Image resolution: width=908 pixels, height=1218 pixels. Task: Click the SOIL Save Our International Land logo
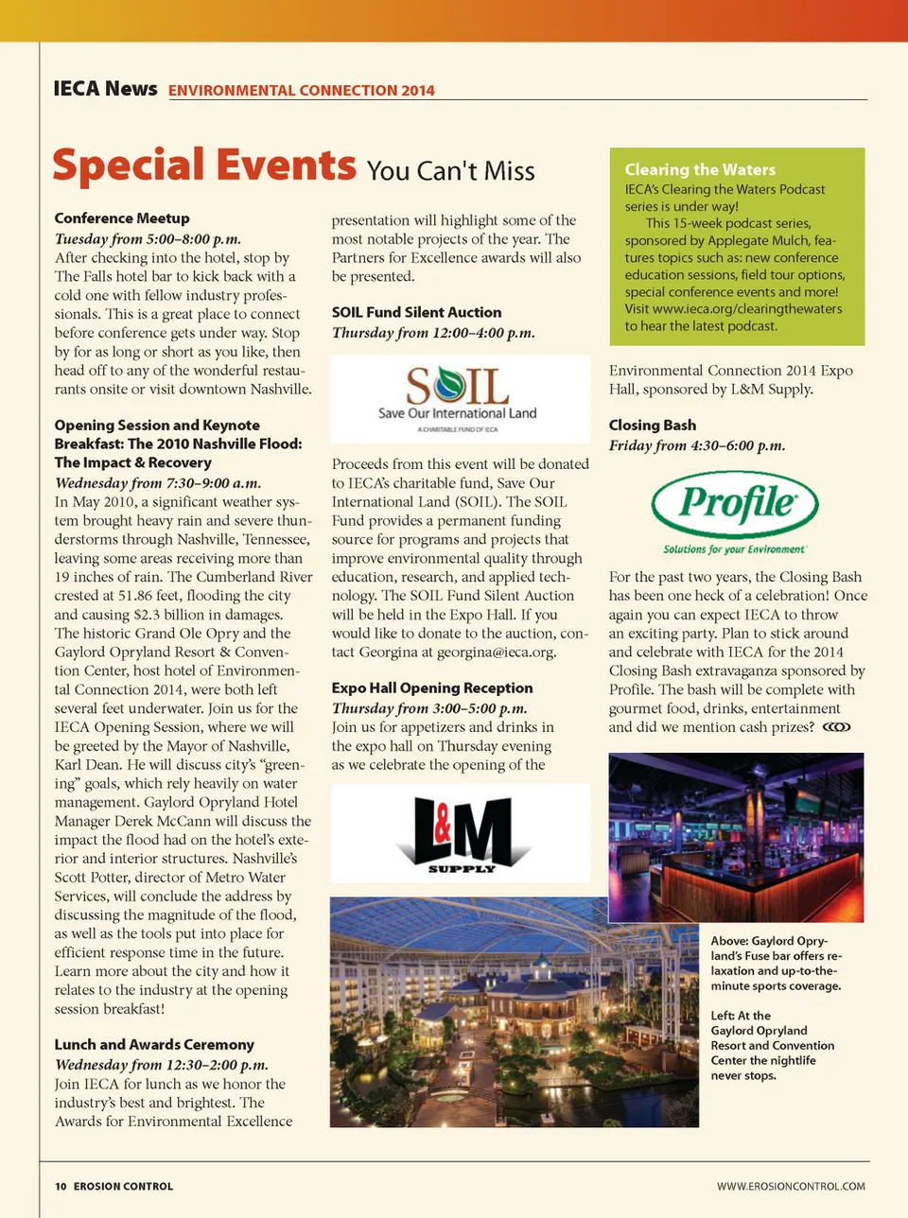(459, 398)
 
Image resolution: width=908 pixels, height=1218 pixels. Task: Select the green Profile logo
(736, 512)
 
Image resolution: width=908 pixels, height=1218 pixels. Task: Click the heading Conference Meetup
(122, 218)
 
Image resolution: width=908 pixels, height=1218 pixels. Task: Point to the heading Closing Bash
(653, 426)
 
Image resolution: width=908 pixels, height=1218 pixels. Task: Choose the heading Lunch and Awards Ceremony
(154, 1045)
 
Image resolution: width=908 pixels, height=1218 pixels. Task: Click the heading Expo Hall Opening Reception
(432, 688)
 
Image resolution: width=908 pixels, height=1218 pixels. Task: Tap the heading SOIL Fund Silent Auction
(417, 312)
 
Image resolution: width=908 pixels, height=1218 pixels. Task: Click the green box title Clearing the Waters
(700, 170)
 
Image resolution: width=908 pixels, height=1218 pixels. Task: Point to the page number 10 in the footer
(61, 1186)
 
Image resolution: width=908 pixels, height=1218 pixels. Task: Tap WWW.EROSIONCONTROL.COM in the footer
(791, 1186)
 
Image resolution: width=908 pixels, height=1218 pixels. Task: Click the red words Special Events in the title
(204, 165)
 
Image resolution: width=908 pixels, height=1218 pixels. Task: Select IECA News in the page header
(105, 89)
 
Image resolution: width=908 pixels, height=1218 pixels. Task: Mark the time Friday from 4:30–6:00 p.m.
(697, 445)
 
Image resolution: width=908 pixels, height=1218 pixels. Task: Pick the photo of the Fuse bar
(736, 837)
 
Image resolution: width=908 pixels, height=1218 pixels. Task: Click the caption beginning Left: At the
(772, 1045)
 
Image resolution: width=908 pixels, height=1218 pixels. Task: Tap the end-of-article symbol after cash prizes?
(837, 727)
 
